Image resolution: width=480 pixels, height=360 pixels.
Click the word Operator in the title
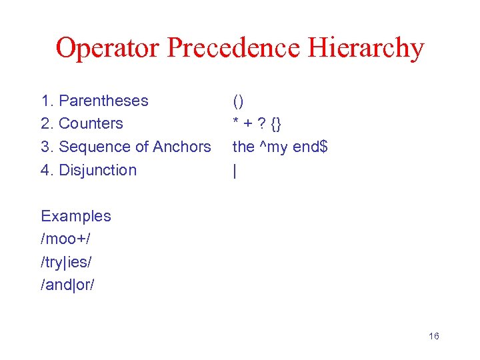coord(107,49)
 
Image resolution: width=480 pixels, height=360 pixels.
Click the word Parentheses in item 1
coord(103,101)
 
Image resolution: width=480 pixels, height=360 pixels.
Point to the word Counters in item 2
coord(91,123)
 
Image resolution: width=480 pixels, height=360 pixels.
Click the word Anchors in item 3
coord(182,147)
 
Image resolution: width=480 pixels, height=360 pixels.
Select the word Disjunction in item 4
coord(97,170)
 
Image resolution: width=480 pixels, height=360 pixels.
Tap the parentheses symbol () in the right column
coord(238,101)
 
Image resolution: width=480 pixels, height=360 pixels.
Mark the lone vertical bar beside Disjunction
coord(235,171)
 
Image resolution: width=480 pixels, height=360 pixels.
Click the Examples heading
coord(76,216)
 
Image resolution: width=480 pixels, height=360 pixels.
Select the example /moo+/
coord(65,239)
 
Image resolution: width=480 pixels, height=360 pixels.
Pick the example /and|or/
coord(68,285)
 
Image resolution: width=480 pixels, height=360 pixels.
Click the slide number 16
coord(433,336)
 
